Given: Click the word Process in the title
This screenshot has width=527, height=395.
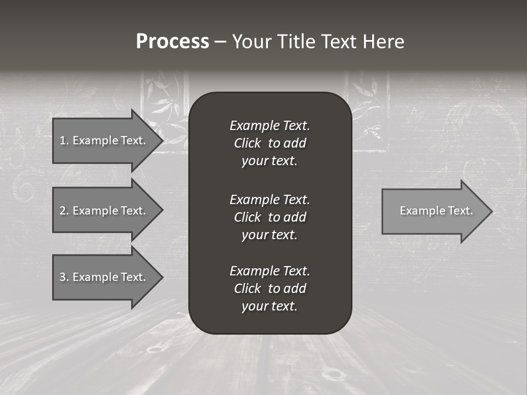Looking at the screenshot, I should click(172, 42).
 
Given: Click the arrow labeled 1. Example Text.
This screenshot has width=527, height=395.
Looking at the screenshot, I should click(102, 140).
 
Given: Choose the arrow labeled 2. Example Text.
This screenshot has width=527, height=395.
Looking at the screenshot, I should click(102, 211).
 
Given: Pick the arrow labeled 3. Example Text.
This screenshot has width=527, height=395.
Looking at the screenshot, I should click(102, 277).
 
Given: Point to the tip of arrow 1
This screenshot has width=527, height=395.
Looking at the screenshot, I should click(162, 140).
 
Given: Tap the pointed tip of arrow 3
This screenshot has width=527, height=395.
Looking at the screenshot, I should click(162, 277).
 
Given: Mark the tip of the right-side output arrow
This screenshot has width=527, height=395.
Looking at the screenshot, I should click(491, 211).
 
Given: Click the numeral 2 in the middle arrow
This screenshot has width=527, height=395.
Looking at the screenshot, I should click(63, 211).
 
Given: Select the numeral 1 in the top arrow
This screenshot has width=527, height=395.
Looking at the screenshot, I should click(63, 140).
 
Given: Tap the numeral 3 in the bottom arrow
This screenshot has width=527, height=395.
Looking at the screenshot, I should click(63, 277).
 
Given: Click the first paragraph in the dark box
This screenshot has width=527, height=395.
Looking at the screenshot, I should click(270, 143).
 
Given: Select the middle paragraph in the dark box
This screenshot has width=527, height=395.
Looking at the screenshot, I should click(270, 217).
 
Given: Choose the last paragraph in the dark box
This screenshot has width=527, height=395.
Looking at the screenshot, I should click(270, 289).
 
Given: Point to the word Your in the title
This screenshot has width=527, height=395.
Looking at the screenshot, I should click(252, 42).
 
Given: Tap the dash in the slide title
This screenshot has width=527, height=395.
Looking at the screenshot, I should click(221, 42).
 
